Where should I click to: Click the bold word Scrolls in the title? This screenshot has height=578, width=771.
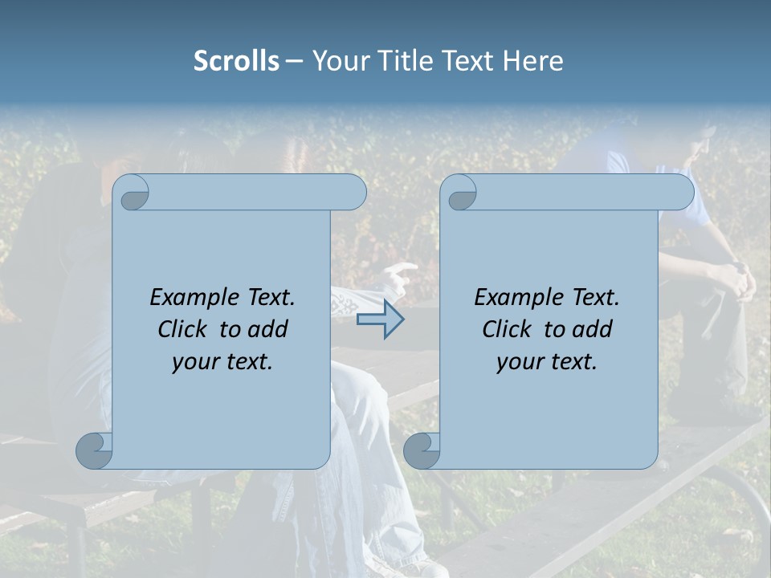tap(236, 61)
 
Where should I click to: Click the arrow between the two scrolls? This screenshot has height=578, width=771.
tap(380, 320)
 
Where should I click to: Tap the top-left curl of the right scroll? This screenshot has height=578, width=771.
tap(461, 193)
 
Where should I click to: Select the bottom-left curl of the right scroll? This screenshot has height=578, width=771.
tap(422, 450)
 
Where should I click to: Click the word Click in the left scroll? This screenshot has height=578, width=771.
tap(184, 330)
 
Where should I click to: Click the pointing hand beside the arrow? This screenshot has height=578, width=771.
tap(399, 277)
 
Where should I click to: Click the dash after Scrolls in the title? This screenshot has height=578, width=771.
tap(294, 61)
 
